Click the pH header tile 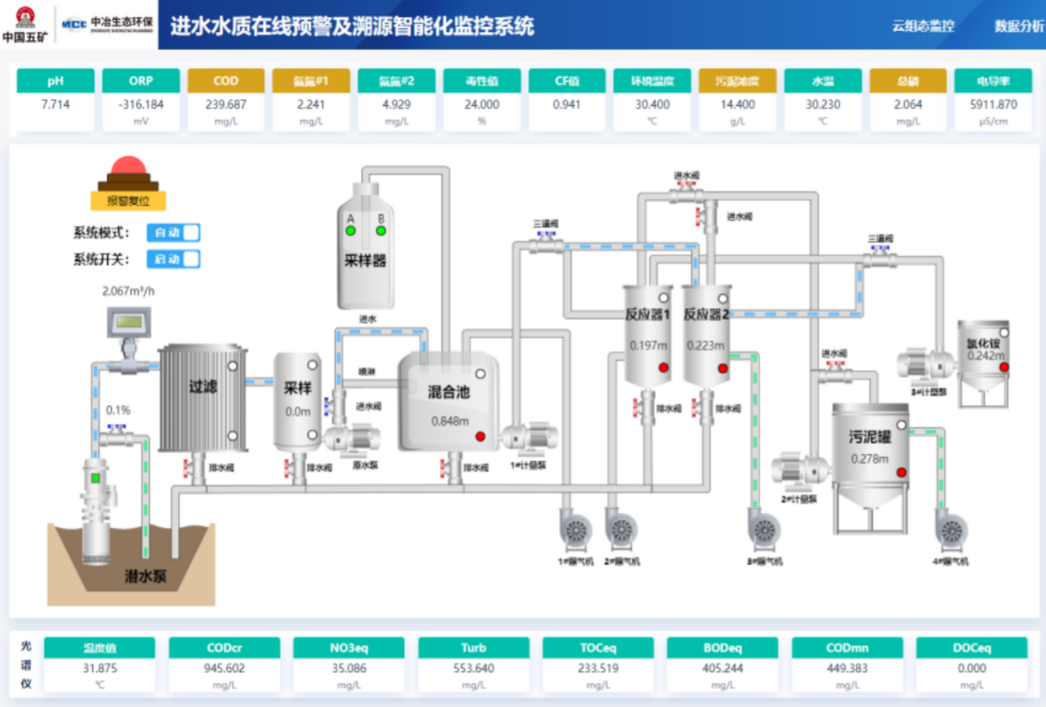55,81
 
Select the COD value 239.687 226,104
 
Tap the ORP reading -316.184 140,104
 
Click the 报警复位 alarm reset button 127,200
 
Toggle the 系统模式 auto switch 173,233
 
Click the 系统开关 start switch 173,260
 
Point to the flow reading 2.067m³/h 128,291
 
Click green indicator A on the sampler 351,231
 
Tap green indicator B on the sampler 380,231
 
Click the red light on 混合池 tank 481,436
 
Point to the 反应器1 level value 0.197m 649,345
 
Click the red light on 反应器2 722,368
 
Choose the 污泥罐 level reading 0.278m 870,459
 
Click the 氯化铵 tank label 982,344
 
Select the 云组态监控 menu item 923,26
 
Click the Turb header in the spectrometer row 473,648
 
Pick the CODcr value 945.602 224,668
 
